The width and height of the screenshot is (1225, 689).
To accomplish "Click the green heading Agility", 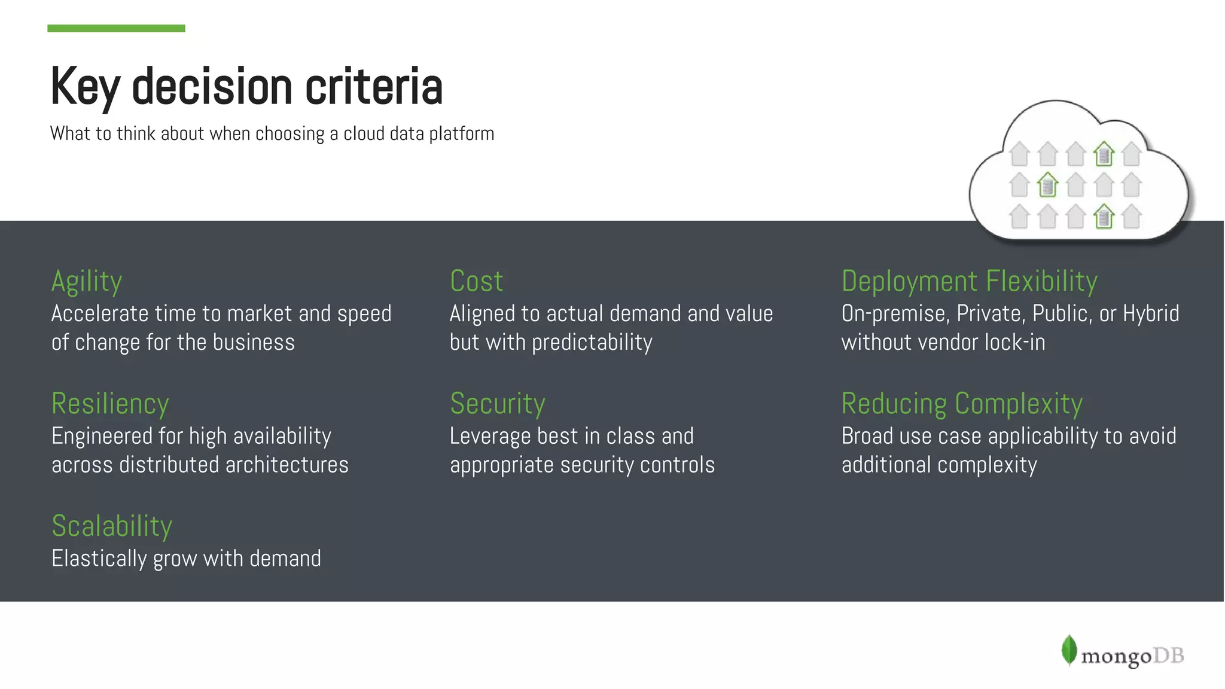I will coord(87,282).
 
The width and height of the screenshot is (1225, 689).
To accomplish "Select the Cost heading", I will coord(476,282).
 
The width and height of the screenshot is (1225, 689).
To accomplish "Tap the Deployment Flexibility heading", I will coord(969,282).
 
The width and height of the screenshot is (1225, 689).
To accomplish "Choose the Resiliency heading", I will coord(110,404).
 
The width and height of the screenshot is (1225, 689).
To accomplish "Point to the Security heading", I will coord(498,404).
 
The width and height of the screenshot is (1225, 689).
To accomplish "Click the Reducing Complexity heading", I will coord(962,404).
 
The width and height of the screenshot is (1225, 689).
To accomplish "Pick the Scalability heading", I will coord(112,526).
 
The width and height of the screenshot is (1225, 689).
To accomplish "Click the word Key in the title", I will coord(86,87).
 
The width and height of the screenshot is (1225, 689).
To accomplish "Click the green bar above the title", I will coord(116,28).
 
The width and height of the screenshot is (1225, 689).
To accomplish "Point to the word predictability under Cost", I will coord(592,343).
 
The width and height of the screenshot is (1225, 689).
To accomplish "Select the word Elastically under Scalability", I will coord(99,559).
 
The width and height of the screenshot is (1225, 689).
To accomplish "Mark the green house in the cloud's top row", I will coord(1104,154).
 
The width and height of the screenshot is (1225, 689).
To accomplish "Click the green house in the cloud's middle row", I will coord(1047,185).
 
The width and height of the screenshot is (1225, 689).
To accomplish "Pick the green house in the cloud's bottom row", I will coord(1104,217).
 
